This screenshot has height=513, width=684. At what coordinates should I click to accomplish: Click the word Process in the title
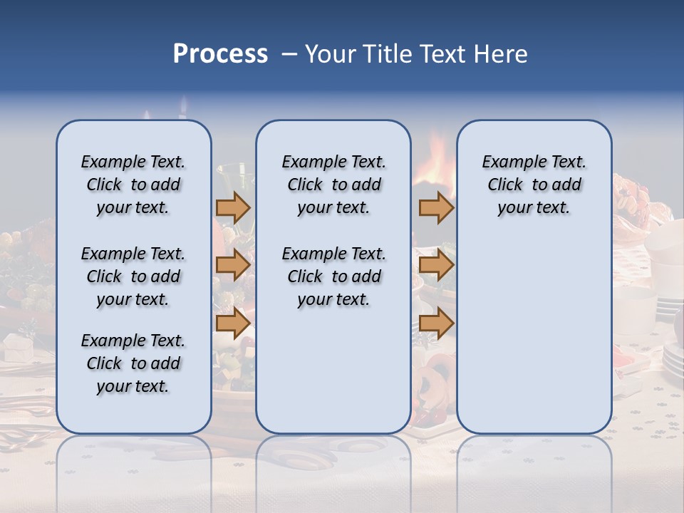click(220, 54)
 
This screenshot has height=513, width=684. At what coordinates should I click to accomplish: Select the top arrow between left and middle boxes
click(233, 208)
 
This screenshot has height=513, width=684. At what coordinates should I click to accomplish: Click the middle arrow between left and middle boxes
click(233, 266)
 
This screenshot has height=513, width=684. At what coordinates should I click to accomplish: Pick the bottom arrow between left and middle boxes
click(233, 323)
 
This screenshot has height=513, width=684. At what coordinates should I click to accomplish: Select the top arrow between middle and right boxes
click(436, 208)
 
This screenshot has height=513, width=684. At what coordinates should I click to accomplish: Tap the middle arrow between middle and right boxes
click(436, 266)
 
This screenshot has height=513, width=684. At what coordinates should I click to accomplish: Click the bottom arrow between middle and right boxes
click(436, 323)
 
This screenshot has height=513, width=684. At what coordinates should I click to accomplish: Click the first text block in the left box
click(133, 185)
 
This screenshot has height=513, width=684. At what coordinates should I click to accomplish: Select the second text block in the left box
click(133, 276)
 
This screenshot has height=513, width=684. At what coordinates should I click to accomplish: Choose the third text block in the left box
click(133, 363)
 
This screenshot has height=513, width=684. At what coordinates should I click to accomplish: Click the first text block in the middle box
click(333, 185)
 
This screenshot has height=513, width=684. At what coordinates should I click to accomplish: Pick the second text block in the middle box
click(333, 276)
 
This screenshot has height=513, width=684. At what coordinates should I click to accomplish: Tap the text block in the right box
click(534, 185)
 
